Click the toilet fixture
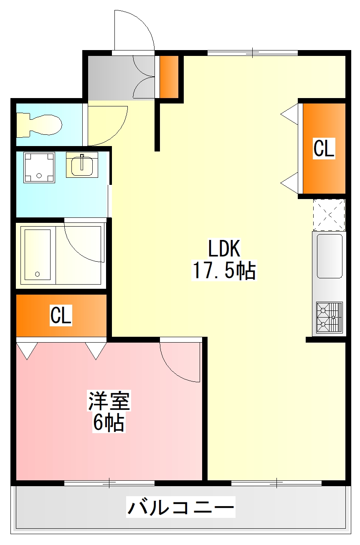click(40, 124)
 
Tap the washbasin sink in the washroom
click(82, 165)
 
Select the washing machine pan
click(39, 167)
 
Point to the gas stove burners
click(329, 317)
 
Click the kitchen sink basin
click(329, 256)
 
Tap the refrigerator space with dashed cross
click(329, 215)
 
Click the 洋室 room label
click(109, 401)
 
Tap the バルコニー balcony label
click(181, 508)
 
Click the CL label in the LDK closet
click(324, 149)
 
